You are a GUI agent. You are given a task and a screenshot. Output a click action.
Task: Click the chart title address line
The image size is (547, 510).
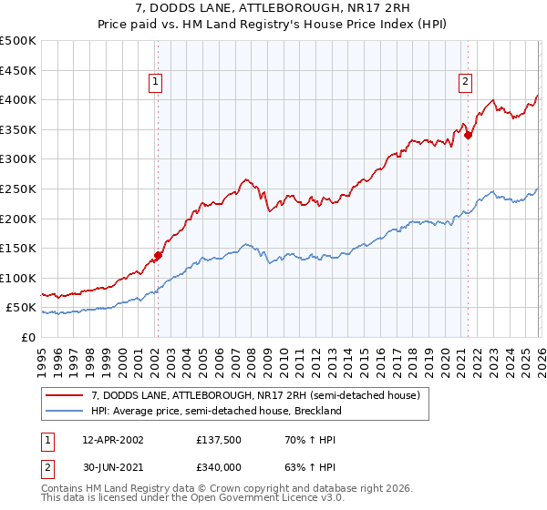pyautogui.click(x=273, y=8)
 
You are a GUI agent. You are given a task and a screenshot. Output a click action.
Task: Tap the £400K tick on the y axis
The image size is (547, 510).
pyautogui.click(x=18, y=99)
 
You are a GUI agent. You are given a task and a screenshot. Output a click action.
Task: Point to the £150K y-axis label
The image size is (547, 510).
pyautogui.click(x=18, y=248)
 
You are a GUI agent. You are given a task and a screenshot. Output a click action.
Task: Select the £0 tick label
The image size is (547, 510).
pyautogui.click(x=29, y=337)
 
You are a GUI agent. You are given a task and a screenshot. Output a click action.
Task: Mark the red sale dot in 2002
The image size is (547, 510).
pyautogui.click(x=158, y=255)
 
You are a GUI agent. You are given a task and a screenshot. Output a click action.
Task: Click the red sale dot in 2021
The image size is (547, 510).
pyautogui.click(x=469, y=135)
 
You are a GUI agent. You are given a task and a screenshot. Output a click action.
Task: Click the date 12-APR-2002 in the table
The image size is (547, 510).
pyautogui.click(x=112, y=439)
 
